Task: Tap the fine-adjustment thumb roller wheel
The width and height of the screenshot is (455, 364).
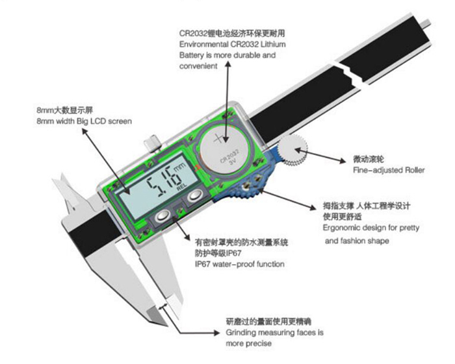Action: click(x=292, y=150)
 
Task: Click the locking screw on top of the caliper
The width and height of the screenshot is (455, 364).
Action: click(x=153, y=143)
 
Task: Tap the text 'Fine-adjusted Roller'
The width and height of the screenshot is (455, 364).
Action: click(x=389, y=170)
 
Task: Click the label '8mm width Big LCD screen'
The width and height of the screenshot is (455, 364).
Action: click(x=84, y=121)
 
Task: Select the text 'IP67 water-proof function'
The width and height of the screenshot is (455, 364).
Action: click(x=240, y=264)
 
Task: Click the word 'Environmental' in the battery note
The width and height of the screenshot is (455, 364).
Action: click(x=203, y=44)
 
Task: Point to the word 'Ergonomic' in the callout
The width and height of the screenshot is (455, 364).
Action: click(x=341, y=228)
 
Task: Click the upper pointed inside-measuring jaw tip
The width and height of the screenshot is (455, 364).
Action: click(x=62, y=175)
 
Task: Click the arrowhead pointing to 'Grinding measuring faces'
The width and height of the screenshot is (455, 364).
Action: click(x=216, y=333)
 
